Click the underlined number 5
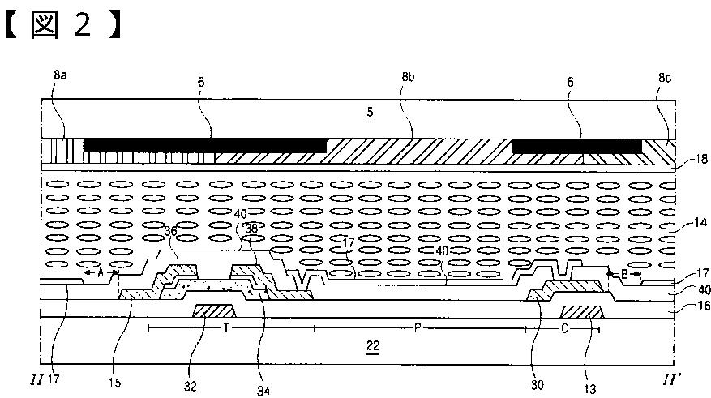point(368,115)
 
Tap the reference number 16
point(694,306)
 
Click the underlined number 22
point(372,345)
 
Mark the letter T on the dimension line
point(225,328)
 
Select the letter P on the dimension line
point(417,328)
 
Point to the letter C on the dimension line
point(563,328)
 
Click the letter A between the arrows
point(101,274)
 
